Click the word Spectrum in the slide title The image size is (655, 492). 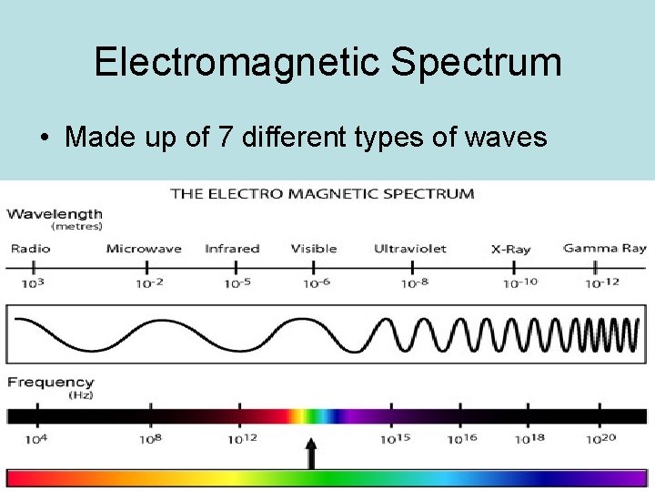tap(476, 63)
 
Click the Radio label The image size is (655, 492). tap(30, 249)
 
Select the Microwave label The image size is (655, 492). tap(144, 249)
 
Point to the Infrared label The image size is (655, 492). tap(232, 249)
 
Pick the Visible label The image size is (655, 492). tap(314, 249)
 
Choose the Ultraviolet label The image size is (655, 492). tap(410, 249)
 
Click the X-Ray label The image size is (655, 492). tap(510, 249)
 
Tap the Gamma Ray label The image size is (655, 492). tap(604, 248)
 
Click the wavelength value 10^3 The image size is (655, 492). tap(33, 282)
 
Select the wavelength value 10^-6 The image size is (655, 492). tap(316, 283)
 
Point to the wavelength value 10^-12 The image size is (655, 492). tap(601, 282)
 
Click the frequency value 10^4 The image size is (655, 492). tap(36, 438)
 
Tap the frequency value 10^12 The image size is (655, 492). tap(242, 438)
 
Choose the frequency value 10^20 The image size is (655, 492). tap(600, 438)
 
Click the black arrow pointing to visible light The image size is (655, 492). tap(311, 453)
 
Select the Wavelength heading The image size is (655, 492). tap(55, 214)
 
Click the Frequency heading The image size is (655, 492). tap(50, 383)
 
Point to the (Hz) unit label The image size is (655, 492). tap(81, 395)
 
